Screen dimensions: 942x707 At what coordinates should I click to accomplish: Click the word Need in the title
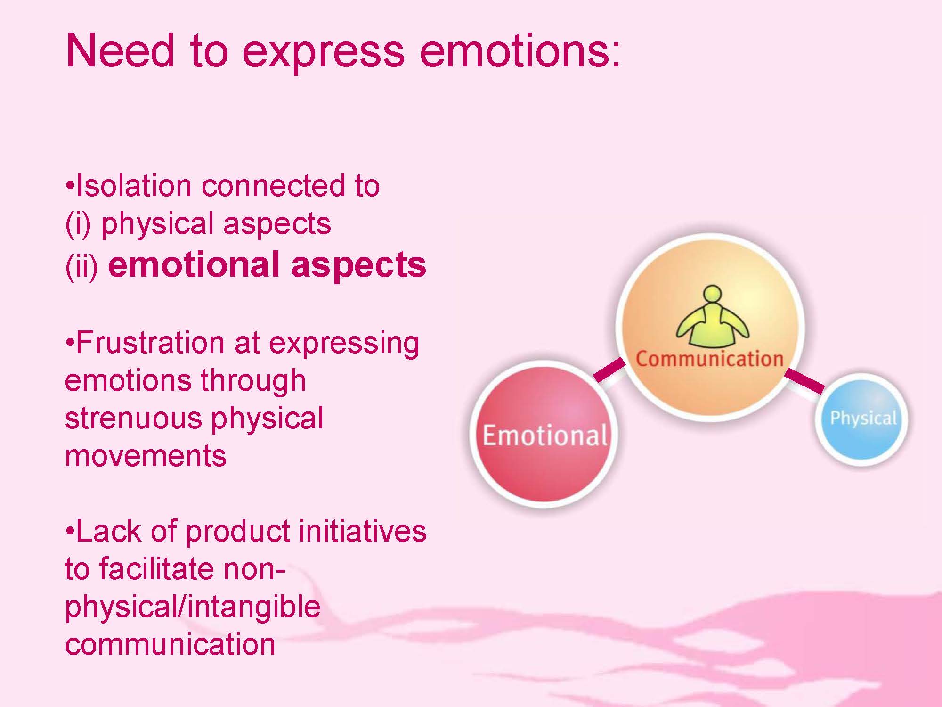(x=120, y=50)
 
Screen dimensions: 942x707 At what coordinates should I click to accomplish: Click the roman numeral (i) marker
(x=80, y=224)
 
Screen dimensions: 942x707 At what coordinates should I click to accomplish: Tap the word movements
(x=146, y=457)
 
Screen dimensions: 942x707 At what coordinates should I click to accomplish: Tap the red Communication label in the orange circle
(x=709, y=359)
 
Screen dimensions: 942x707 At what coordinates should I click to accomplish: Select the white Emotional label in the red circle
(x=545, y=435)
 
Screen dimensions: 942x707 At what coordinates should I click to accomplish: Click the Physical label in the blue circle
(x=863, y=419)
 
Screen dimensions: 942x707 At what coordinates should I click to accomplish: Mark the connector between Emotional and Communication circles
(x=609, y=370)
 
